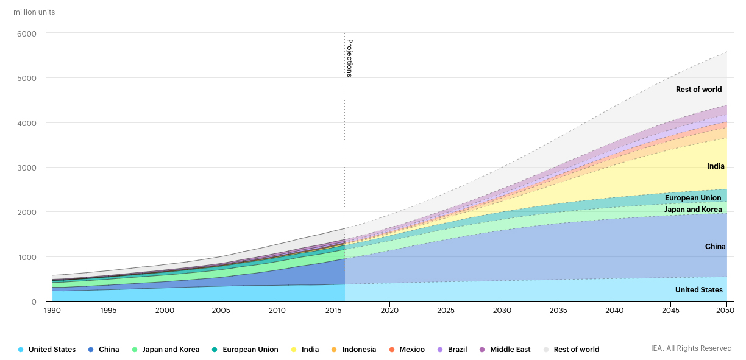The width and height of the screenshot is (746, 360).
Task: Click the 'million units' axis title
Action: click(x=34, y=12)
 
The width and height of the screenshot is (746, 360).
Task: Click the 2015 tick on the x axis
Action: click(x=333, y=311)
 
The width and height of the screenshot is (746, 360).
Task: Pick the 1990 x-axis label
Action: click(x=52, y=311)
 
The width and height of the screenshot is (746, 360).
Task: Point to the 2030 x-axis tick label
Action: click(x=502, y=311)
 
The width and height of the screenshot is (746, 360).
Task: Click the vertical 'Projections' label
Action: click(x=350, y=58)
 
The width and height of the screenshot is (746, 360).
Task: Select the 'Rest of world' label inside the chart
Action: click(x=698, y=90)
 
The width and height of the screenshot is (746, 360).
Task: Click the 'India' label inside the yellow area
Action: click(x=716, y=166)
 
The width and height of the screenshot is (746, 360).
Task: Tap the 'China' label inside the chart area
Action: click(x=715, y=247)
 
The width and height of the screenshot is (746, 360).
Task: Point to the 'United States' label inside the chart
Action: click(x=698, y=290)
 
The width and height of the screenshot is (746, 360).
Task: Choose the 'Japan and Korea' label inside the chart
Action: click(x=693, y=210)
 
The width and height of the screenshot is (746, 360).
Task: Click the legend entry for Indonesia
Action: click(x=358, y=350)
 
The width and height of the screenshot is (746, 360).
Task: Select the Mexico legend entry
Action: click(x=412, y=350)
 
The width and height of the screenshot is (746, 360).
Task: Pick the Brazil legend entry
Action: click(x=457, y=350)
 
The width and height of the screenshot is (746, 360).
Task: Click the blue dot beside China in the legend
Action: click(x=91, y=350)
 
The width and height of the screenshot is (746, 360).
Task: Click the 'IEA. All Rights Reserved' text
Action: click(x=691, y=348)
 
